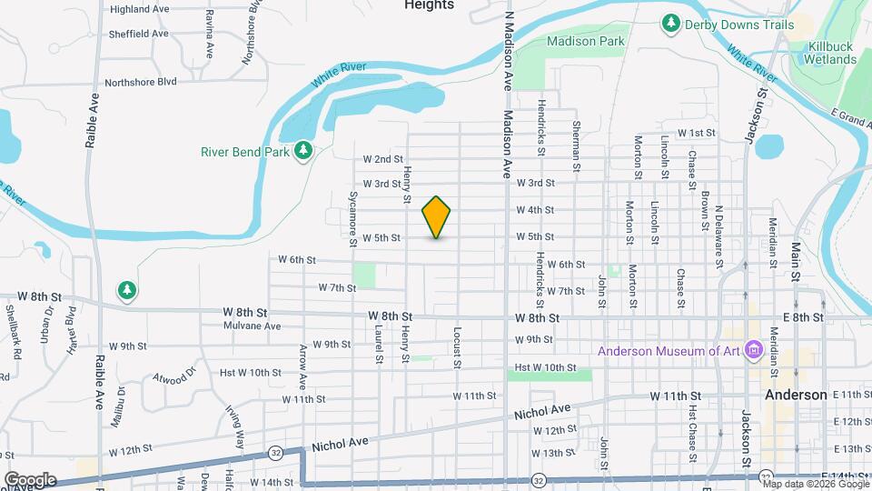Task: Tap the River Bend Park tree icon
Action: point(305,151)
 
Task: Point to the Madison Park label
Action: point(585,41)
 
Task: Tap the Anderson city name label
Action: point(796,395)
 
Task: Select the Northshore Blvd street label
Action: point(140,81)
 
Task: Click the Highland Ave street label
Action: point(140,9)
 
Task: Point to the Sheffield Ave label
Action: point(140,34)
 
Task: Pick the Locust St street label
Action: point(457,347)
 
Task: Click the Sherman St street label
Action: point(576,145)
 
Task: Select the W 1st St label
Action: point(697,133)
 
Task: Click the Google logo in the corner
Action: point(30,479)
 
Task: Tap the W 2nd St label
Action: point(382,159)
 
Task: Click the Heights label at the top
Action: point(429,5)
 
